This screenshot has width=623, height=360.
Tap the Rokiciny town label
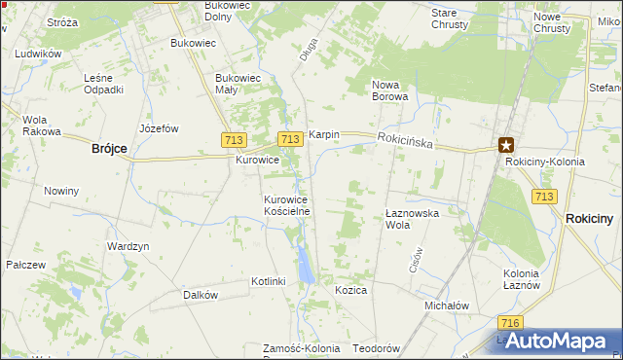tap(589, 219)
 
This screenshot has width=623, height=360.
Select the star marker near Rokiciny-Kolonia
tap(505, 145)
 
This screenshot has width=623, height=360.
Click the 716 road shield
tap(507, 322)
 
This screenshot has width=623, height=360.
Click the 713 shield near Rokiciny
tap(544, 197)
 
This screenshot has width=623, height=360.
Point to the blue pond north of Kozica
tap(307, 261)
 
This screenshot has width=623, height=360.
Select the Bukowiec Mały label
tap(239, 84)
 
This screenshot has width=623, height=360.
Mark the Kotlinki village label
tap(268, 281)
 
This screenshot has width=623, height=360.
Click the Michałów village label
tap(447, 305)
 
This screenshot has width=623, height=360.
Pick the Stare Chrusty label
tap(450, 18)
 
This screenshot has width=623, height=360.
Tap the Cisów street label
tap(414, 260)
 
